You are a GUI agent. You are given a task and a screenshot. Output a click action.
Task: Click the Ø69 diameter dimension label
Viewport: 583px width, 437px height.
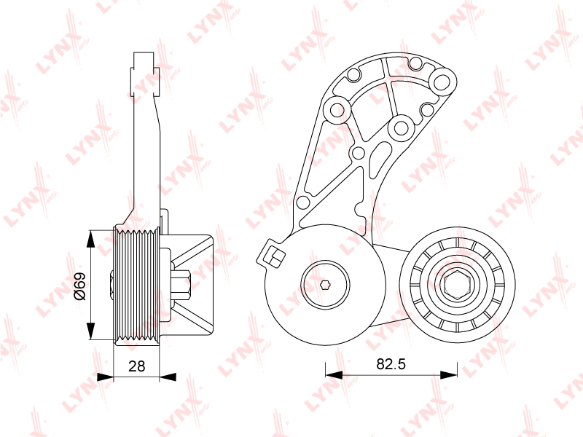(x=79, y=286)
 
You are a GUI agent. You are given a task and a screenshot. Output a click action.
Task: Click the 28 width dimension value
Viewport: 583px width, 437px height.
(x=136, y=366)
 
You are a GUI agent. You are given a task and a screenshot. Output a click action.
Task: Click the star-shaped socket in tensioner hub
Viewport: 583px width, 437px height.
(x=325, y=285)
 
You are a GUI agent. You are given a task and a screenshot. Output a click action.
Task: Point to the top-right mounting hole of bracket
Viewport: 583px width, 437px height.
(x=442, y=81)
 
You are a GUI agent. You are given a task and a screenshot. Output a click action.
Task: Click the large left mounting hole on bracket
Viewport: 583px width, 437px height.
(x=337, y=110)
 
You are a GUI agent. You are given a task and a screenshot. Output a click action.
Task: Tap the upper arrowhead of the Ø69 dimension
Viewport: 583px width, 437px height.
(x=90, y=239)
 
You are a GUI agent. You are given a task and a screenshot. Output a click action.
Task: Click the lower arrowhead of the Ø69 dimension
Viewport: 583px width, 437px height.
(x=90, y=331)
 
